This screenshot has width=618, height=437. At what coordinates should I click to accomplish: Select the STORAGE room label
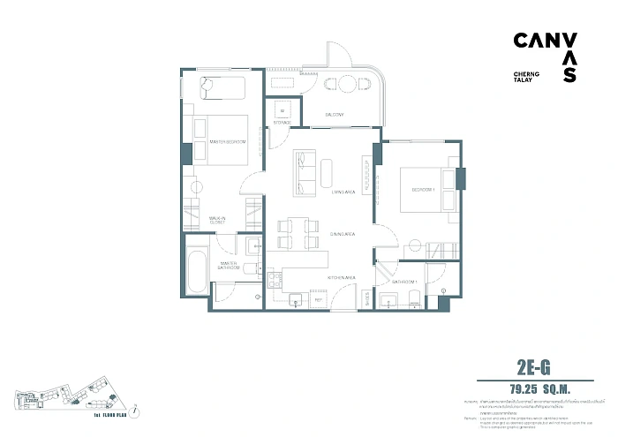[282, 123]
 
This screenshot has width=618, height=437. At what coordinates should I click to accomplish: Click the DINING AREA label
[342, 234]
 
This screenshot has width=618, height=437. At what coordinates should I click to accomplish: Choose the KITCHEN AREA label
[341, 277]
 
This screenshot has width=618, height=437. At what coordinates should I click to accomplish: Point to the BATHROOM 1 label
[403, 281]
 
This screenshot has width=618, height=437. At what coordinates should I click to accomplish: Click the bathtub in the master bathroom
[197, 273]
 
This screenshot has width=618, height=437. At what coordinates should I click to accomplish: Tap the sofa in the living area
[305, 172]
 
